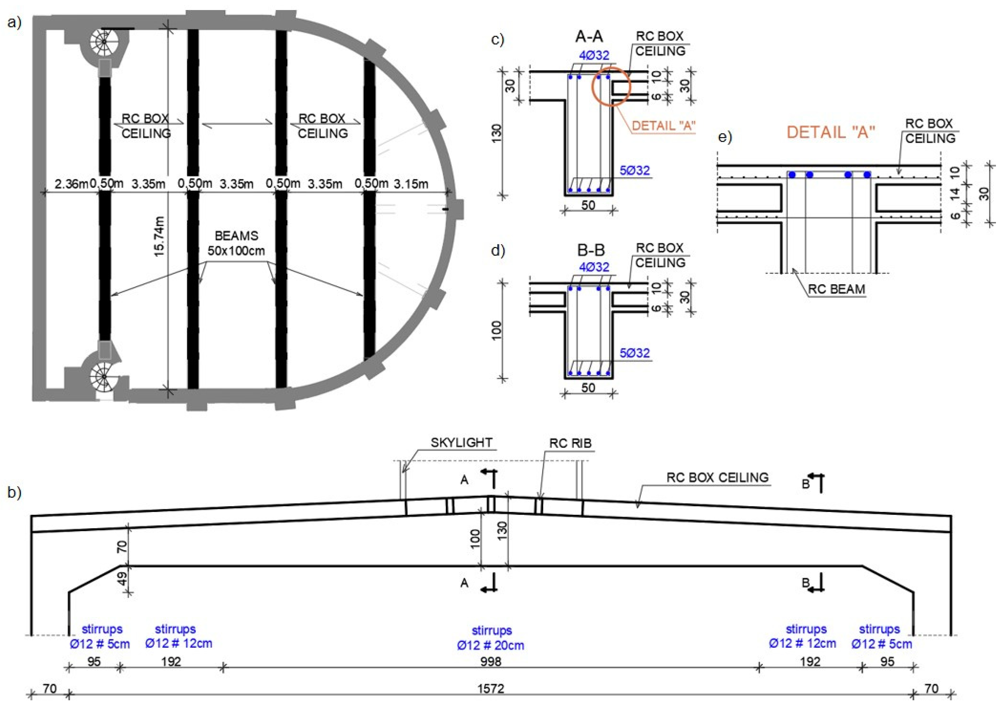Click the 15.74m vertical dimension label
coord(159,237)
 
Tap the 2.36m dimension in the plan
coord(71,184)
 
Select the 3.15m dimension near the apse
coord(410,184)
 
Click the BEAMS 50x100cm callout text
coord(236,243)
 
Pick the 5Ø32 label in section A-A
coord(635,170)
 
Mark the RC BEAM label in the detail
coord(836,290)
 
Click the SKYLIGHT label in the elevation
coord(461,443)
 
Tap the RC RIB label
coord(570,443)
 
